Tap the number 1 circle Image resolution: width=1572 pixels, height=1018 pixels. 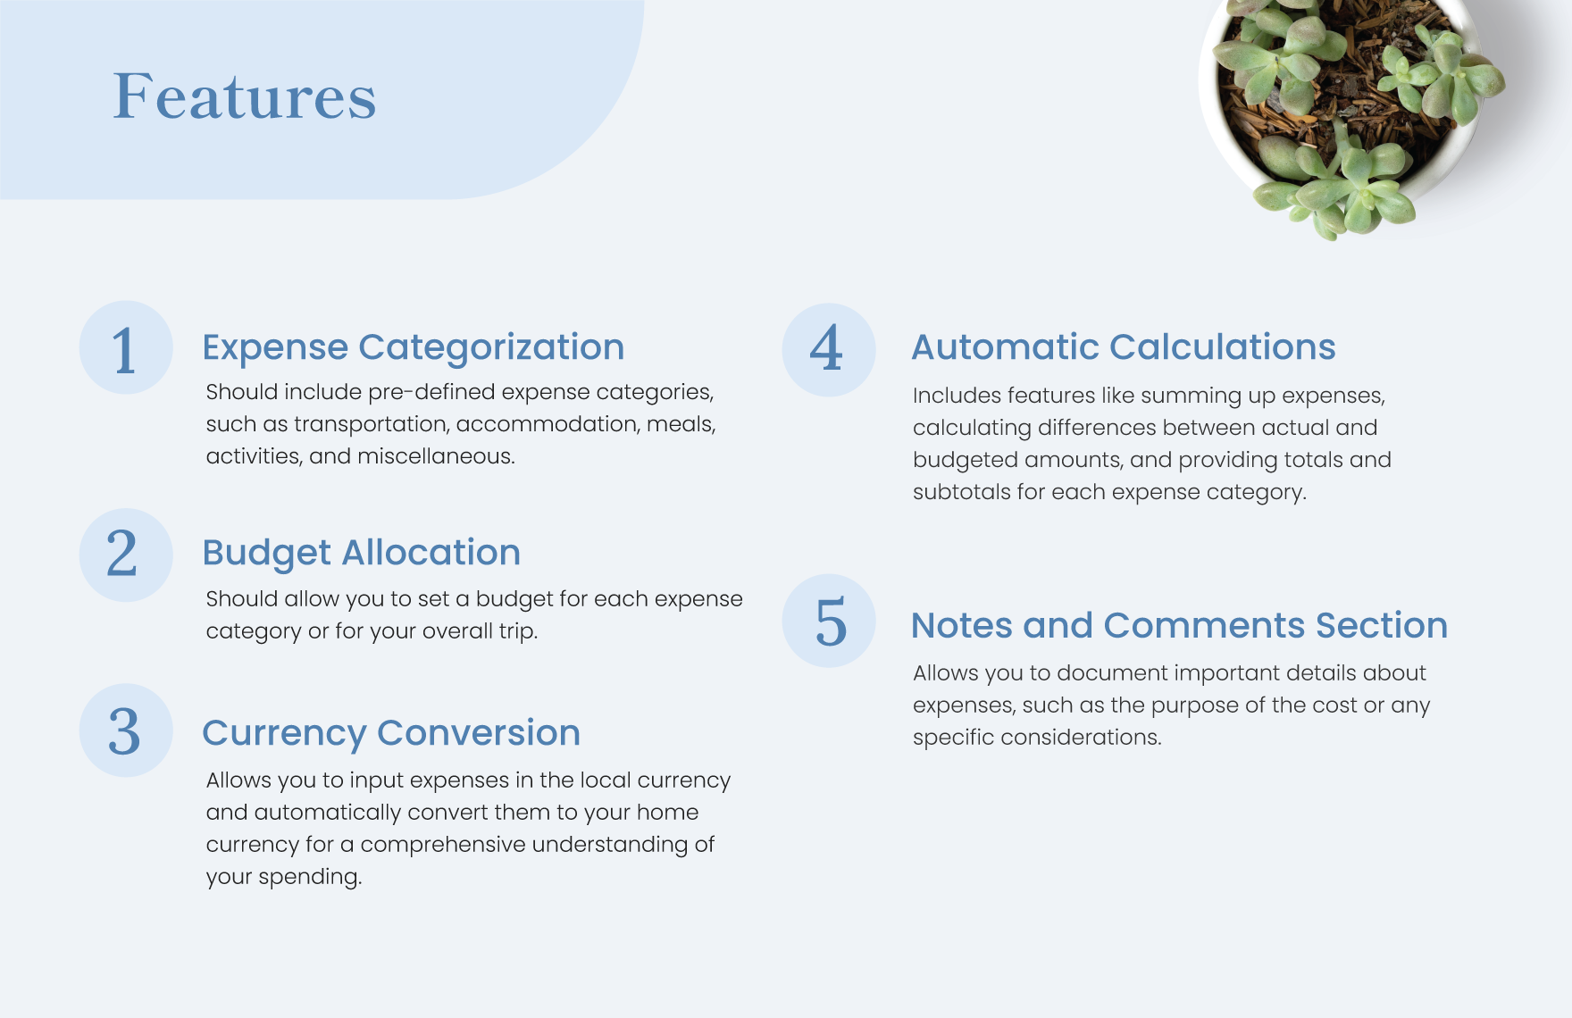click(126, 347)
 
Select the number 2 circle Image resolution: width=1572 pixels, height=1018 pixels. click(126, 555)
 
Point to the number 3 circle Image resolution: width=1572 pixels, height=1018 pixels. click(126, 730)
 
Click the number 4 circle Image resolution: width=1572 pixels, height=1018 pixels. click(829, 350)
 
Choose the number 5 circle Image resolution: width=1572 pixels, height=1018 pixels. click(829, 621)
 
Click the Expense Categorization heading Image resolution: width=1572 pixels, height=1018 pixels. click(414, 347)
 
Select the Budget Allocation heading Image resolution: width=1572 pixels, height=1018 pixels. click(362, 553)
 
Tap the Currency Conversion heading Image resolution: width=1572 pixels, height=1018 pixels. click(391, 733)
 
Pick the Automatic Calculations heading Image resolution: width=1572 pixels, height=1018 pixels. click(1124, 346)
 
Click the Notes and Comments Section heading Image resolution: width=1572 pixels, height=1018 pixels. click(1179, 625)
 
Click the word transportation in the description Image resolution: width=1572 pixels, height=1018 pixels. click(371, 424)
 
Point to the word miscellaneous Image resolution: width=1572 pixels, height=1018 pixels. click(436, 456)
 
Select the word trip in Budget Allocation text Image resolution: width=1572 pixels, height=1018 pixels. click(518, 631)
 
